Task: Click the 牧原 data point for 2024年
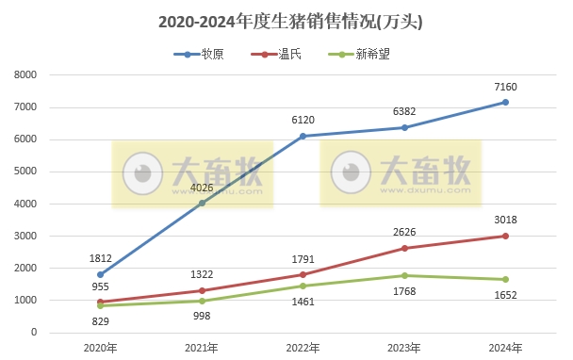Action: pyautogui.click(x=505, y=102)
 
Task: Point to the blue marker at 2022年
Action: pyautogui.click(x=303, y=136)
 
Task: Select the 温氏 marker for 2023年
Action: pyautogui.click(x=404, y=248)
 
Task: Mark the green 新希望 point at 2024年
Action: pyautogui.click(x=505, y=279)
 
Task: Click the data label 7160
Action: pyautogui.click(x=505, y=87)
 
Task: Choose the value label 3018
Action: pyautogui.click(x=505, y=221)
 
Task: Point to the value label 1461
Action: pyautogui.click(x=303, y=303)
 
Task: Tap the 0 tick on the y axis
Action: pyautogui.click(x=33, y=333)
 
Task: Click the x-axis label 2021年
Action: pyautogui.click(x=201, y=349)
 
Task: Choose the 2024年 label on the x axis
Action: pyautogui.click(x=505, y=349)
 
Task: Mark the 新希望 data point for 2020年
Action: pyautogui.click(x=100, y=305)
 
